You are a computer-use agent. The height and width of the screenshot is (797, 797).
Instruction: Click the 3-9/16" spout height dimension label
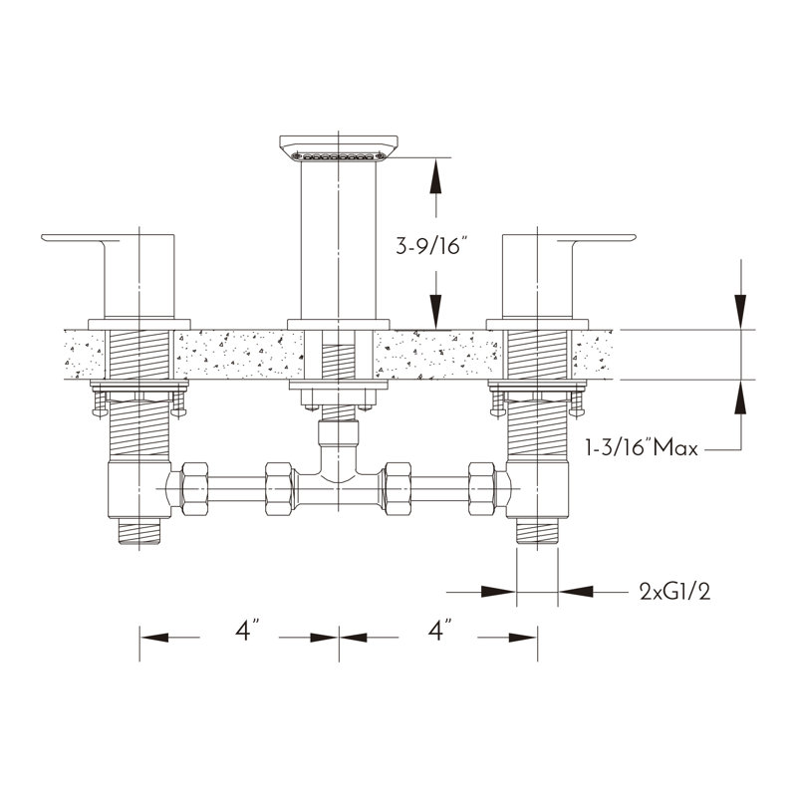431,246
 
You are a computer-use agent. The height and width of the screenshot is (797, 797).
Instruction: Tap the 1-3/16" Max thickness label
642,447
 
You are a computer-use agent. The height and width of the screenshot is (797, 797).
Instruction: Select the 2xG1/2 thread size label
675,592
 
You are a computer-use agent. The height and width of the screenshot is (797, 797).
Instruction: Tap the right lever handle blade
596,238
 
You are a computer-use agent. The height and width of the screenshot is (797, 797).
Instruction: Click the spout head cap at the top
339,143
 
